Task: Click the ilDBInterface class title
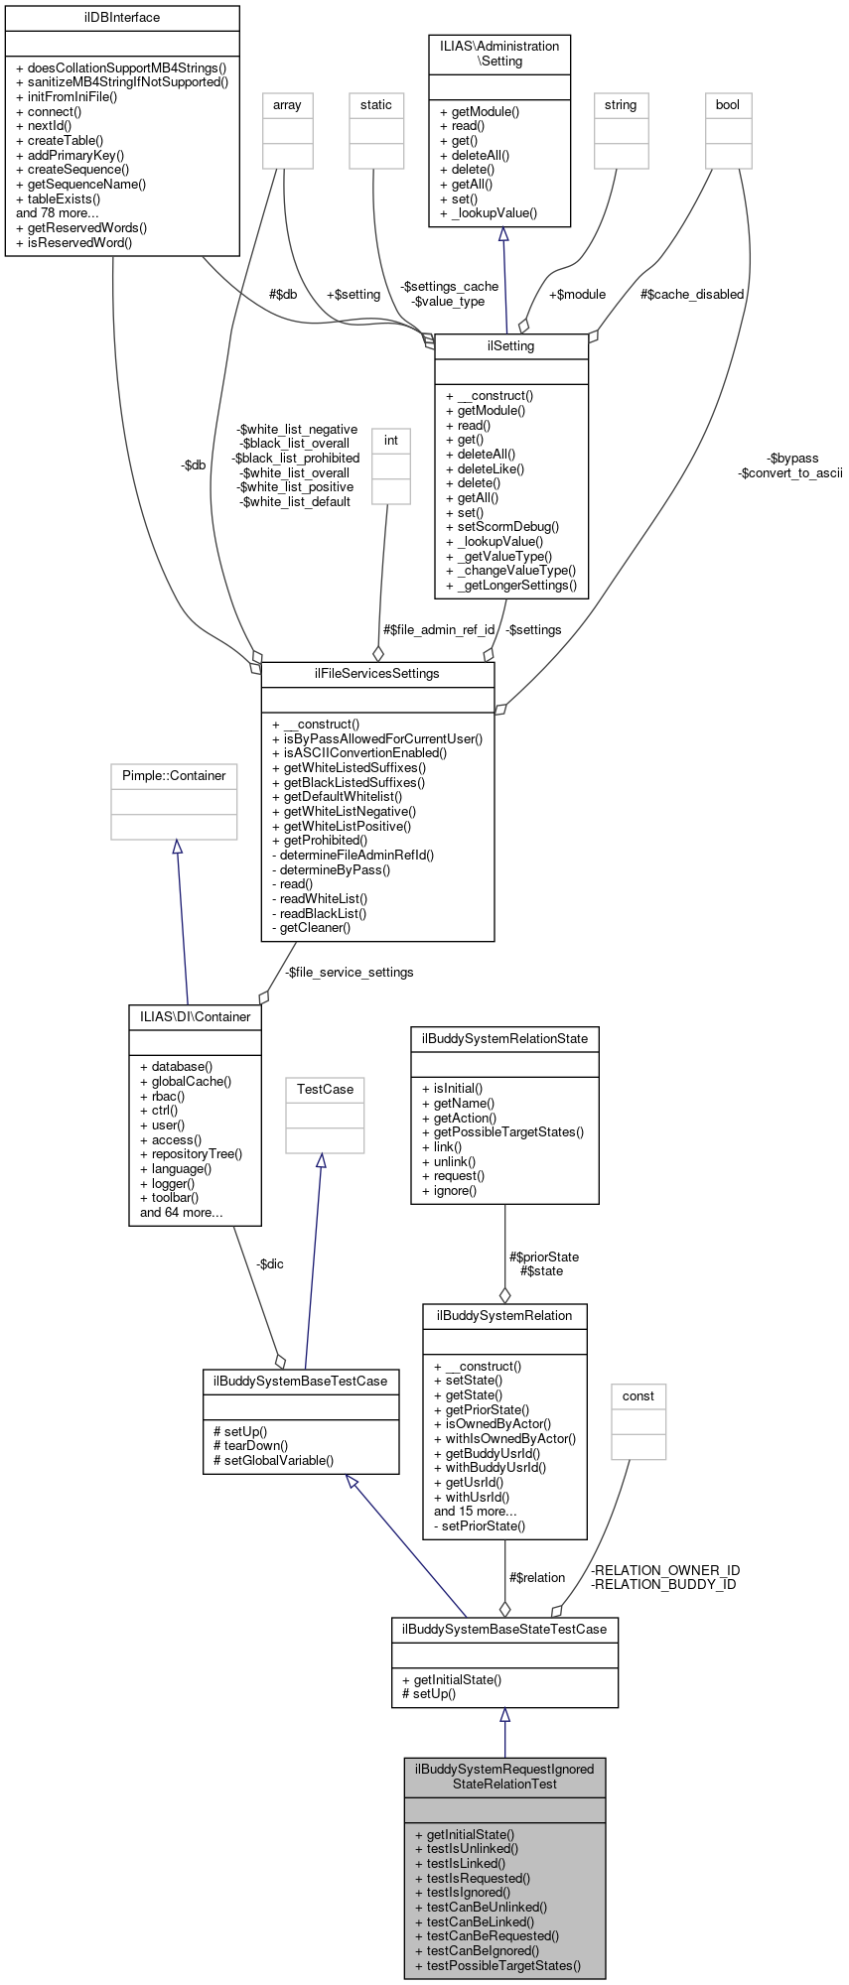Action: [x=122, y=18]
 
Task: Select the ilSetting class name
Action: [x=511, y=346]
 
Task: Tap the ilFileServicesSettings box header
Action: [x=377, y=674]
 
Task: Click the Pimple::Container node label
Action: [x=174, y=776]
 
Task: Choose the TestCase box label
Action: [x=325, y=1090]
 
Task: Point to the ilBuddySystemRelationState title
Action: [x=504, y=1039]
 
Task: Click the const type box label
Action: [x=638, y=1396]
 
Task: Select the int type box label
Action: [x=391, y=441]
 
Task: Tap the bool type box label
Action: [x=728, y=105]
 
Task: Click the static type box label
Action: [x=376, y=105]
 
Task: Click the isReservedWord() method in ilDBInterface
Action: [x=73, y=242]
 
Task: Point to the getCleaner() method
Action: [x=311, y=928]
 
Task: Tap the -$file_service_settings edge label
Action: [x=350, y=973]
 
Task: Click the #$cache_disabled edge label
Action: [x=692, y=295]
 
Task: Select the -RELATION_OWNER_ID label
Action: [x=665, y=1570]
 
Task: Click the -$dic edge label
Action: [x=269, y=1264]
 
